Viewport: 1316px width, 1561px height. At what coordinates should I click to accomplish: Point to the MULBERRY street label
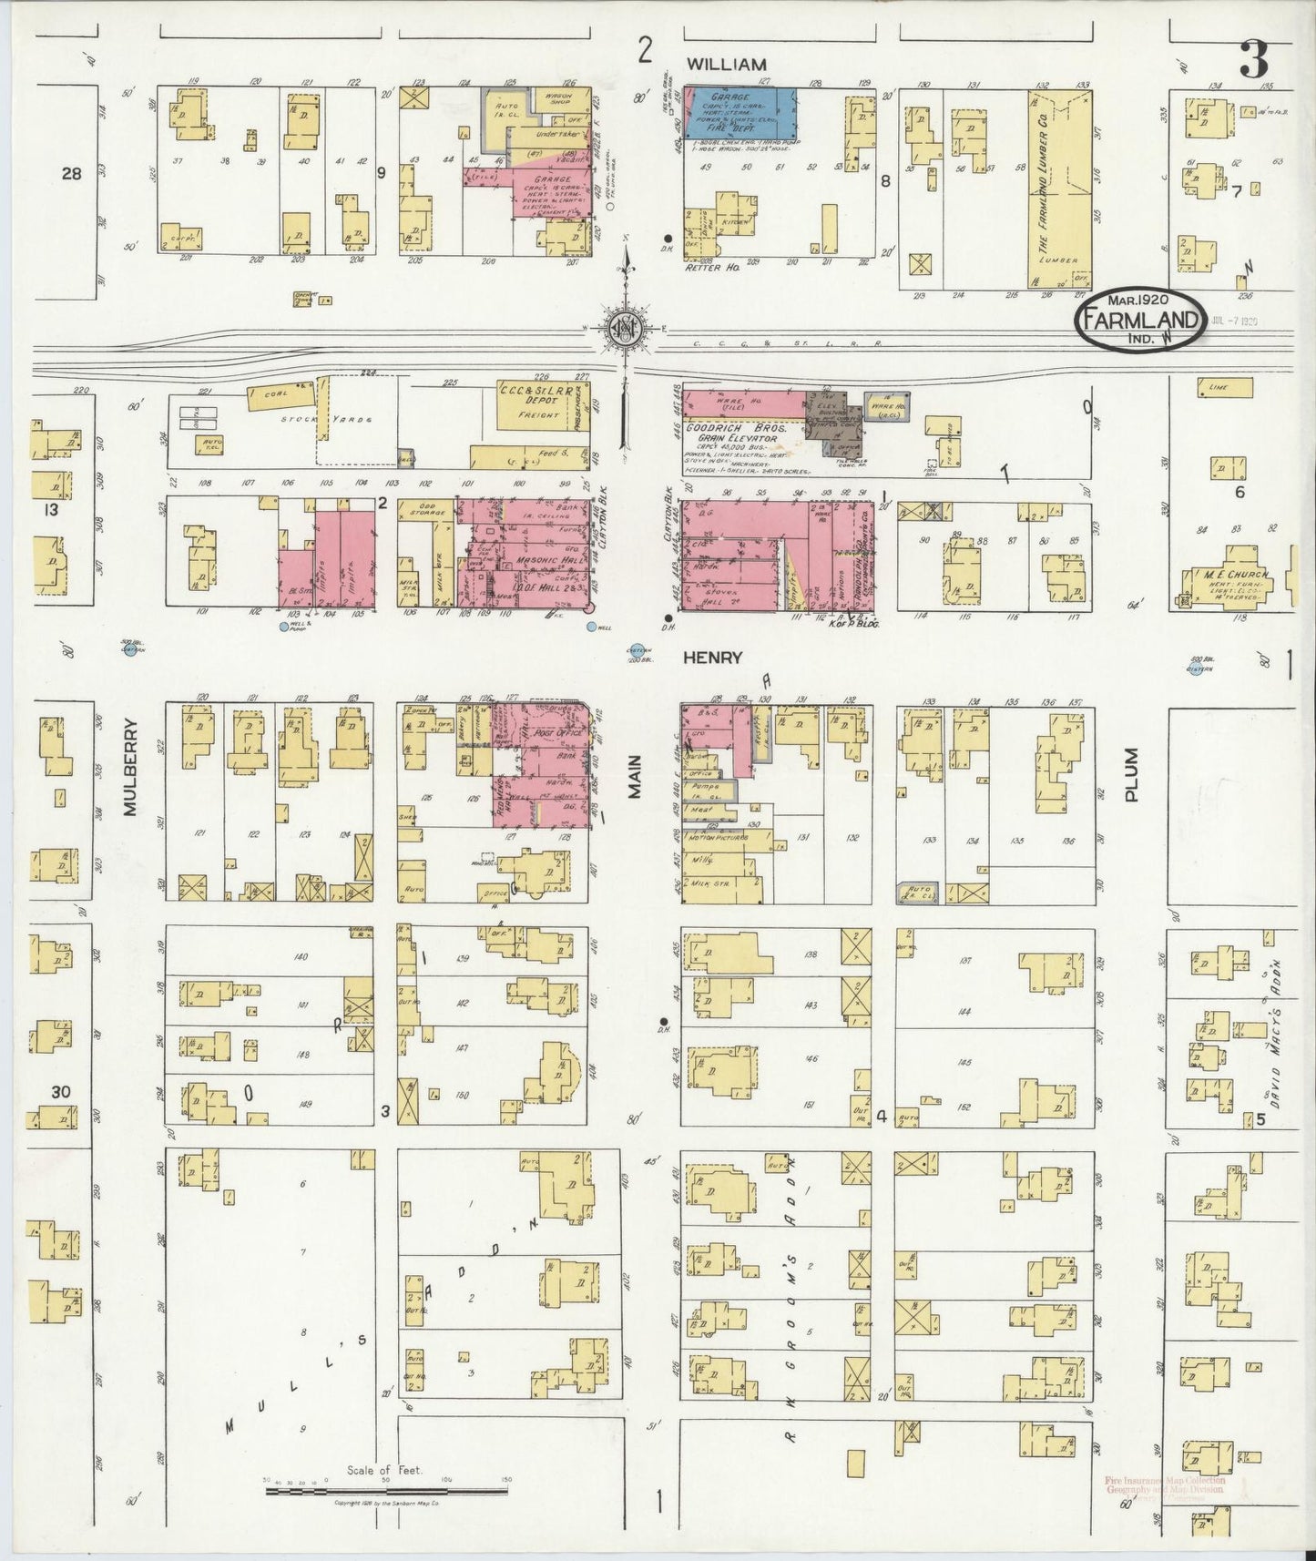130,767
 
